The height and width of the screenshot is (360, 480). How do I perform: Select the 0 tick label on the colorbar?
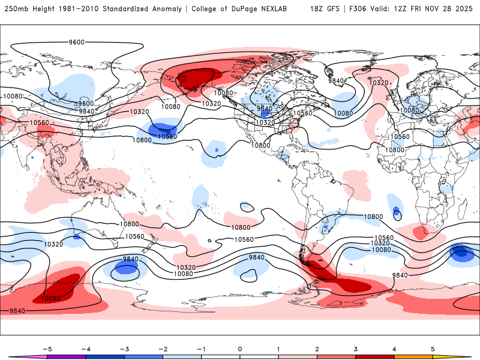pyautogui.click(x=239, y=349)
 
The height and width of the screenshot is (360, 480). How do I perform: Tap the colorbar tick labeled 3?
pyautogui.click(x=355, y=349)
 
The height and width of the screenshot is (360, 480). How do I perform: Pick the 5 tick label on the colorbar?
pyautogui.click(x=433, y=349)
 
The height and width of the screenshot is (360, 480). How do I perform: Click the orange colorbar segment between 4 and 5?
pyautogui.click(x=413, y=357)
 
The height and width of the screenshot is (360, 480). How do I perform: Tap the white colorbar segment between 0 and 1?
pyautogui.click(x=259, y=357)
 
